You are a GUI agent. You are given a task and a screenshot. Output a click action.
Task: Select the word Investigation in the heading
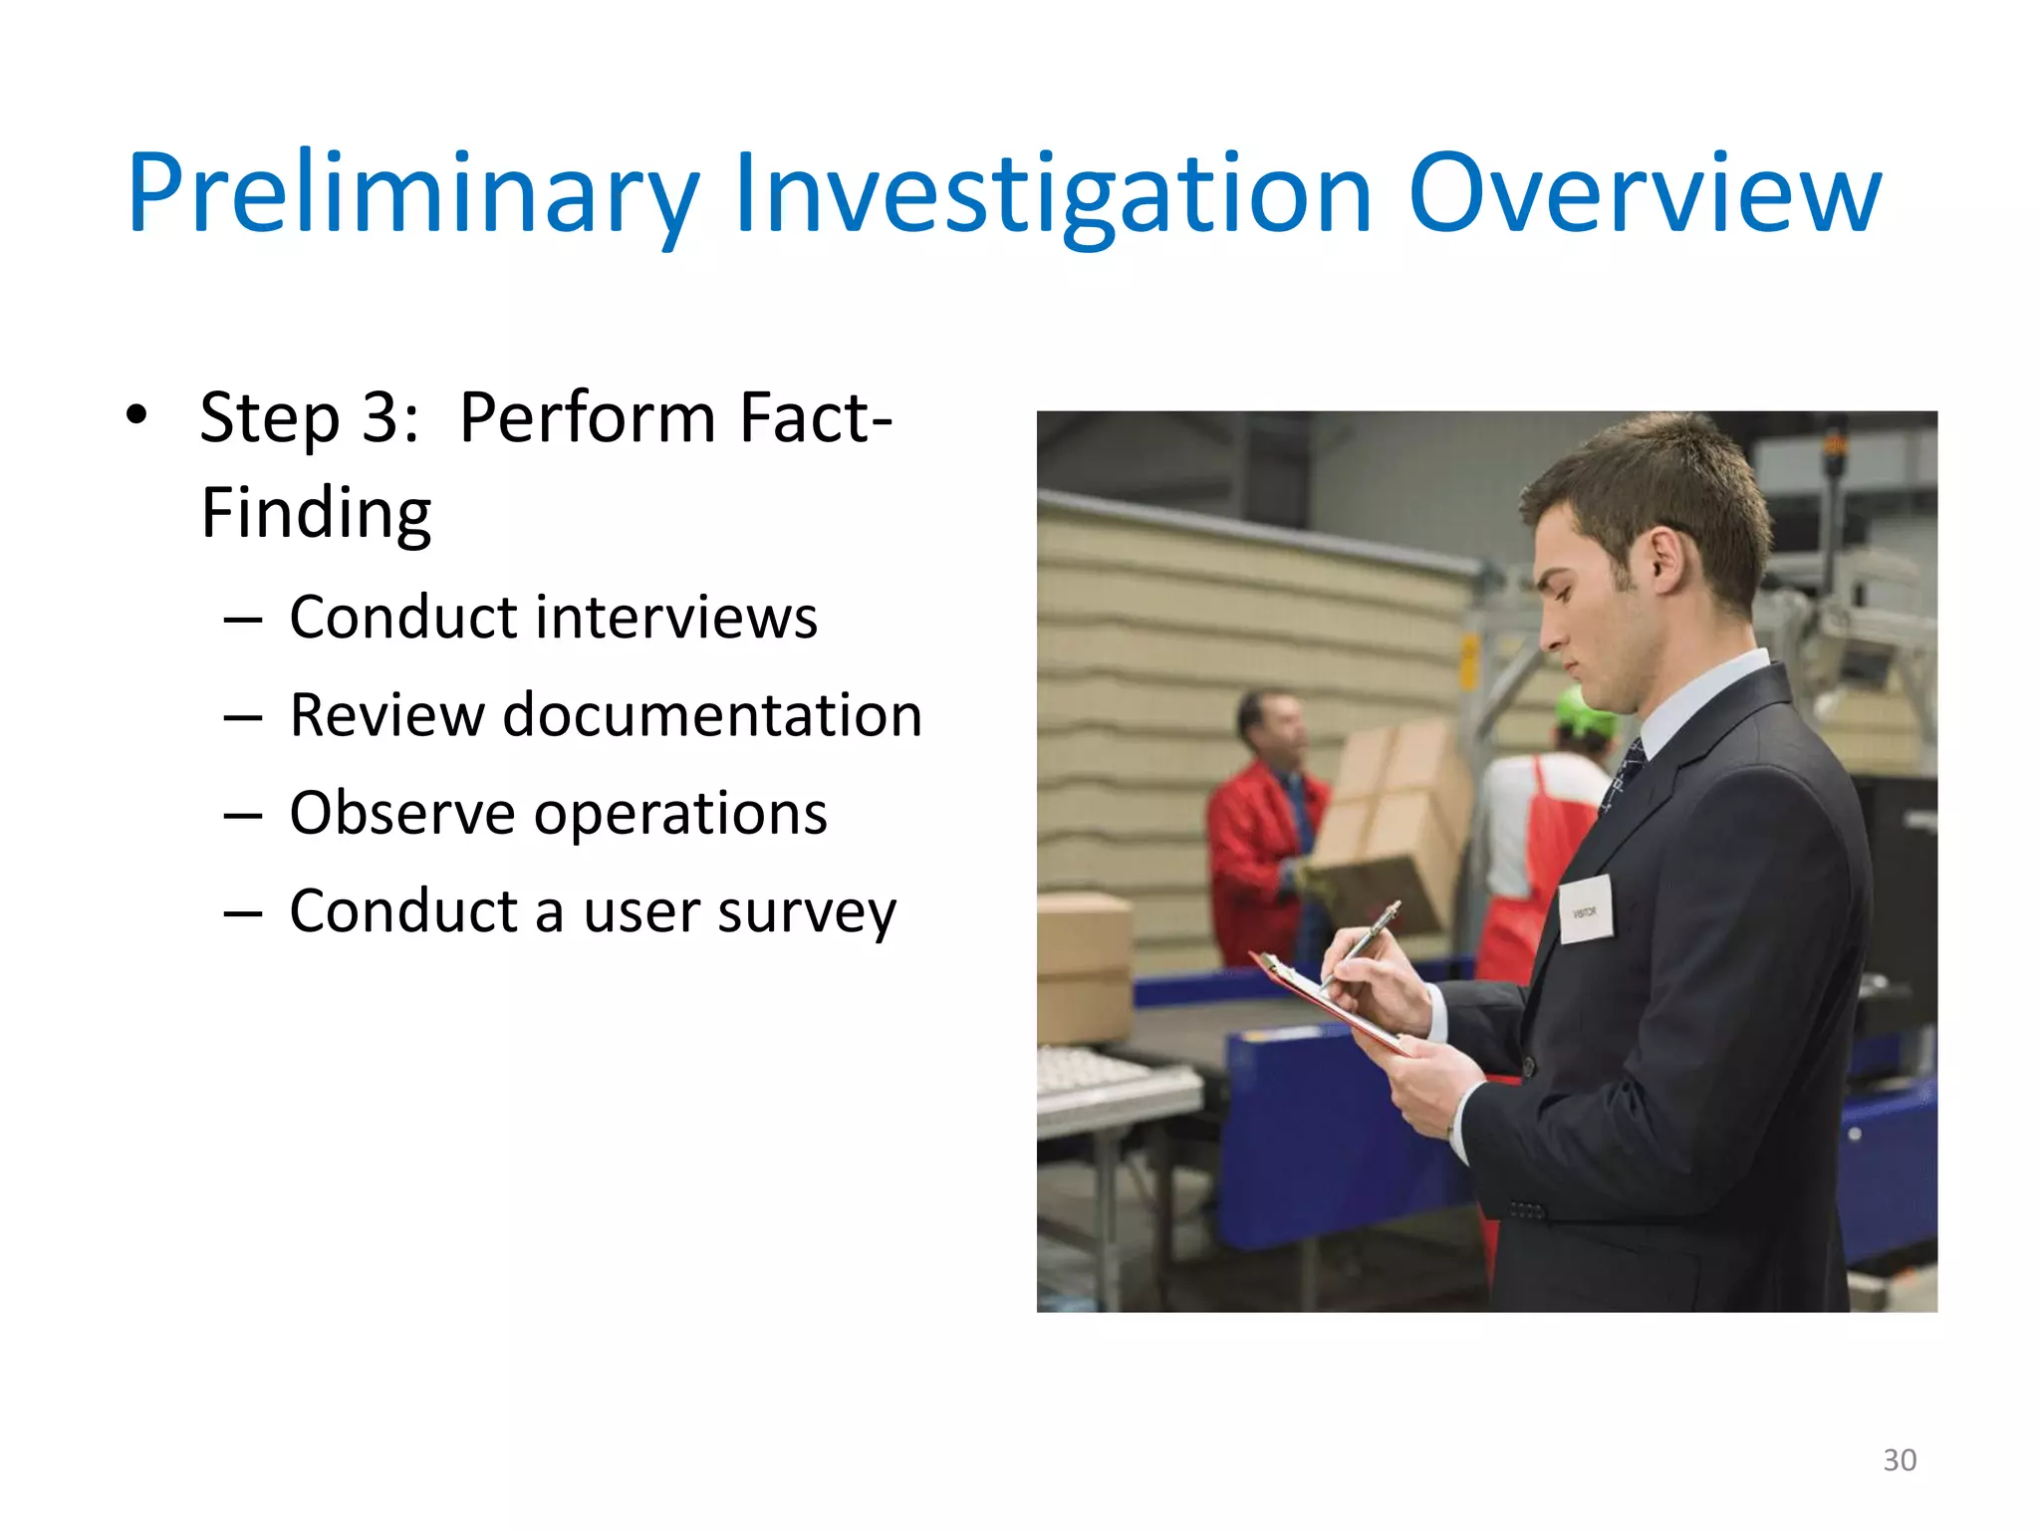pyautogui.click(x=1053, y=194)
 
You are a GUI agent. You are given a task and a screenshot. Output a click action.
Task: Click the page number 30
pyautogui.click(x=1899, y=1460)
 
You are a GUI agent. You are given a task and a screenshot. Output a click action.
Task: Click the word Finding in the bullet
pyautogui.click(x=316, y=514)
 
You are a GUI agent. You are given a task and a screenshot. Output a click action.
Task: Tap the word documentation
pyautogui.click(x=712, y=715)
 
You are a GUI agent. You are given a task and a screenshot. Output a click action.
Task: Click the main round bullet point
pyautogui.click(x=136, y=414)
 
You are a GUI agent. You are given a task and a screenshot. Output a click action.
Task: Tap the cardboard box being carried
pyautogui.click(x=1390, y=827)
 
